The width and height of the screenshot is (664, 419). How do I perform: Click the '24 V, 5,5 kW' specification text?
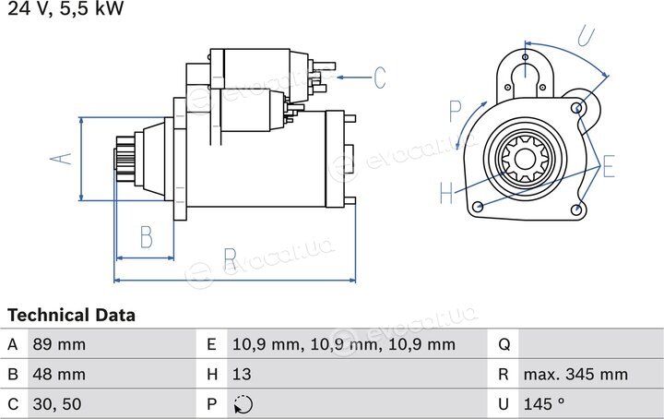pyautogui.click(x=65, y=7)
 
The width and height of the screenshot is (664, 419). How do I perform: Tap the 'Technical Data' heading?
pyautogui.click(x=71, y=316)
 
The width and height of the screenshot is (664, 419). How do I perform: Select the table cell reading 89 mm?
pyautogui.click(x=59, y=344)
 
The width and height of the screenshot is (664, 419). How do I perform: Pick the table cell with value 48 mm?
pyautogui.click(x=59, y=374)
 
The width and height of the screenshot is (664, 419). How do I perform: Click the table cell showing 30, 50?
pyautogui.click(x=57, y=404)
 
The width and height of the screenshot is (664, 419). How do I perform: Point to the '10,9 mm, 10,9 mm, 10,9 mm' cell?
pyautogui.click(x=344, y=344)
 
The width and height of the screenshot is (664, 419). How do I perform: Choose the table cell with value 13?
pyautogui.click(x=242, y=374)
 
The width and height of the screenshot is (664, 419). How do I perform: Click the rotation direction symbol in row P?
pyautogui.click(x=243, y=404)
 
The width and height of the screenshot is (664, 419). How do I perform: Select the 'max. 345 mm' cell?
pyautogui.click(x=575, y=374)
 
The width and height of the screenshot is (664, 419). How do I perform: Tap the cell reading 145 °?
pyautogui.click(x=544, y=403)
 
